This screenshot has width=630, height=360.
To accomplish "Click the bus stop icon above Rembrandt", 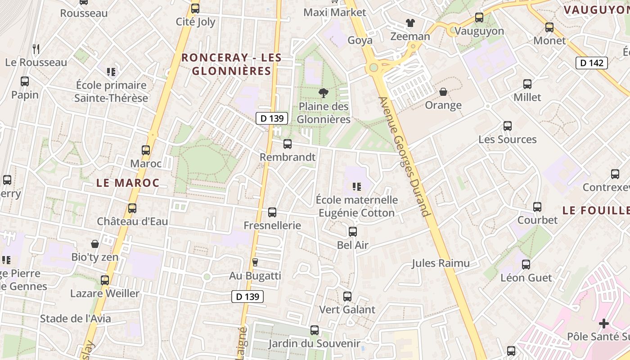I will (287, 144).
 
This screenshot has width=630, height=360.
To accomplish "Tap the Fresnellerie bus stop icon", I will (272, 212).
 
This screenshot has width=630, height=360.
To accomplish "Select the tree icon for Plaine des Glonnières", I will (323, 93).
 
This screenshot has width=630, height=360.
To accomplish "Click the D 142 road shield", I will (592, 63).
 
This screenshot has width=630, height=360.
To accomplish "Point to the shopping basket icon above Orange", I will (443, 92).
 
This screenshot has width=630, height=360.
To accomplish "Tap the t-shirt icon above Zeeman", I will (410, 23).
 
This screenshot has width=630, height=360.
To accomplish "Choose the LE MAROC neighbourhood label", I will (128, 183).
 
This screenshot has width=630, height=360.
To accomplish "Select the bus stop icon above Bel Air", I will (353, 232).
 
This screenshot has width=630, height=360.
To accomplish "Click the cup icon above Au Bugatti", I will (255, 262).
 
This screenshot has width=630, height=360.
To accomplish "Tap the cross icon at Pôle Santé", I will (604, 324).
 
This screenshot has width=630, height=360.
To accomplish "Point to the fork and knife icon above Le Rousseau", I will (36, 49).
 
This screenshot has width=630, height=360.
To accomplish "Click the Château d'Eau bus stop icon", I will (132, 208).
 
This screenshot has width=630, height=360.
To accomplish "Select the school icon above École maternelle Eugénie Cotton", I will (357, 186).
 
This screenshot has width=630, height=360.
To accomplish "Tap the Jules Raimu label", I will (441, 263).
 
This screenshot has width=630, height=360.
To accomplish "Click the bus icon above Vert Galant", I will (347, 297).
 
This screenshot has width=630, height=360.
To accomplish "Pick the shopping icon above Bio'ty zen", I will (95, 244).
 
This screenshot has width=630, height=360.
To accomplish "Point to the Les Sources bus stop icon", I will (508, 126).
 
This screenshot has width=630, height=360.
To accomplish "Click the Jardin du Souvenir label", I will (314, 344).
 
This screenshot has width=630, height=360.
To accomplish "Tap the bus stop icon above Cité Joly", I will (195, 9).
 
